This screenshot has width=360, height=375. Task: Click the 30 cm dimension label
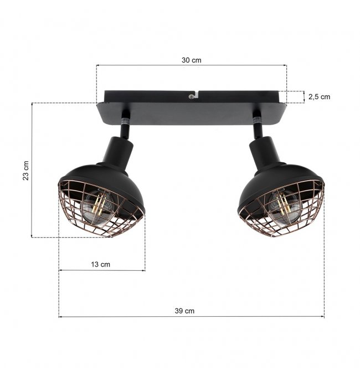192,60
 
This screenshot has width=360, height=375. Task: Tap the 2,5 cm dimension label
319,97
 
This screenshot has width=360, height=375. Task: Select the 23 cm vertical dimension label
26,171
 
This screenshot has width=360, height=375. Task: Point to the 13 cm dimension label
100,265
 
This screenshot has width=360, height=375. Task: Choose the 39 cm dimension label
184,311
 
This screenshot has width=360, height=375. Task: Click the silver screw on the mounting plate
191,96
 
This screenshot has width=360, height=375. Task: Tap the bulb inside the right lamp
284,206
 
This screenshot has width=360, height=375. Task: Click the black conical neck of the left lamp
117,151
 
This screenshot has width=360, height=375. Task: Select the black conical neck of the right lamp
265,151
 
